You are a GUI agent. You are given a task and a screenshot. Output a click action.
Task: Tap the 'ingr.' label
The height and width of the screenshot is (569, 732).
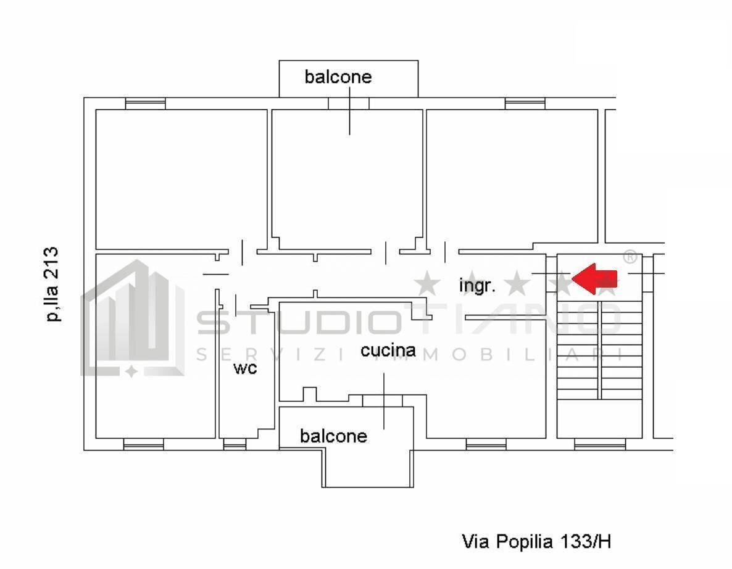point(477,286)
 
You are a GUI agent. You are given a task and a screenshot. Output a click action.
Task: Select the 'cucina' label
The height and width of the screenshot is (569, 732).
point(388,351)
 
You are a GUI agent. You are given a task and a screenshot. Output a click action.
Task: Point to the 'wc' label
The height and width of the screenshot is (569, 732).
point(244,368)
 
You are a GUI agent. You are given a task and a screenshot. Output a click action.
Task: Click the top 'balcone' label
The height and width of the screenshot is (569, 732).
point(338,77)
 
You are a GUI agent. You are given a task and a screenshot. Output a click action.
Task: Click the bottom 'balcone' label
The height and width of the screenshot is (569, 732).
point(333,436)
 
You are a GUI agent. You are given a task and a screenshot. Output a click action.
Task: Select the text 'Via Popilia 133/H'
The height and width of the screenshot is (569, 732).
point(536,542)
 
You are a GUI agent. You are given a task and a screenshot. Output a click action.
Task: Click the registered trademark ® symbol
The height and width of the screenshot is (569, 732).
point(629,256)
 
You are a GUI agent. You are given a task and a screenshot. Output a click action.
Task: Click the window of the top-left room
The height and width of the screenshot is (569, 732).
point(145,104)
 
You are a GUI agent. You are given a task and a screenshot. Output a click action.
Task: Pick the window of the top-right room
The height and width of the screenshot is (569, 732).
point(525,104)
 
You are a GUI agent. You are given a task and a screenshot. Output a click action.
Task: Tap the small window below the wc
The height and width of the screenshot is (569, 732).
point(234,444)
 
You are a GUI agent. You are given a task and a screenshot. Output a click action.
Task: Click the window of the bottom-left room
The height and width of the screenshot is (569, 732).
point(143,444)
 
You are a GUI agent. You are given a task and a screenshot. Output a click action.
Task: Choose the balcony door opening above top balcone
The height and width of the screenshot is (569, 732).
point(348,104)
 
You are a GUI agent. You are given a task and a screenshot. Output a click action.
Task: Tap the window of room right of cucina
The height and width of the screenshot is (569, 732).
point(486,444)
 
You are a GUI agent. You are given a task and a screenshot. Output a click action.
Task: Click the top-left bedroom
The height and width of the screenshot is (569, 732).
point(181,179)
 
